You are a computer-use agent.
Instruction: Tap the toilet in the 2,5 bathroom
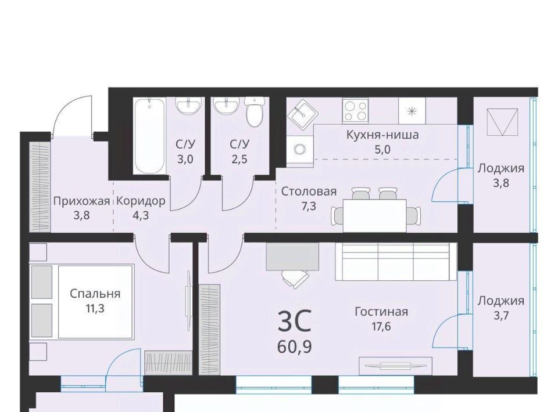pos(255,112)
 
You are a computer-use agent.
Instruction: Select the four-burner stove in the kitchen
pos(355,110)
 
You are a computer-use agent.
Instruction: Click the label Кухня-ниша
pos(382,135)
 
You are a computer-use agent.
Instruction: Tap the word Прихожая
pos(81,201)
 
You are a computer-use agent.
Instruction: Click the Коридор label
pos(141,201)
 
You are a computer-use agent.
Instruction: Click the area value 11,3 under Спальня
pos(95,308)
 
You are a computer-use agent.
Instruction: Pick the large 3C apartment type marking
pos(295,321)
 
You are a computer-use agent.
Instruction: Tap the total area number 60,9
pos(295,347)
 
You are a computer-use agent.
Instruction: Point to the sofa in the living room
pos(396,261)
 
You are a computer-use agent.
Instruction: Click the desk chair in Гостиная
pos(295,278)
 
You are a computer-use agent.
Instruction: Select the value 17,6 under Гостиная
pos(381,326)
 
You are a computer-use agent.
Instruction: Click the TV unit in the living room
pos(396,366)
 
